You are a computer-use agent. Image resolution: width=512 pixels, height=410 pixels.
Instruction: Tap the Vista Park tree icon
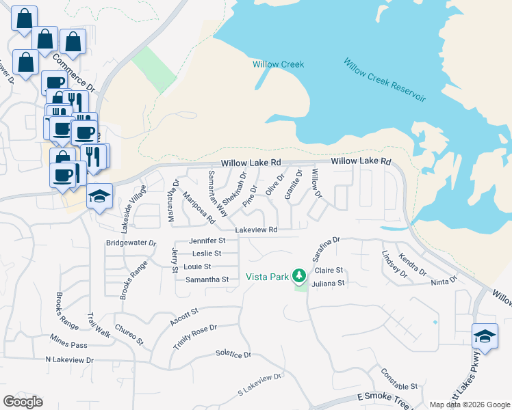(298, 275)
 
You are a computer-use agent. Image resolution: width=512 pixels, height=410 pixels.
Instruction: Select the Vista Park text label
(268, 277)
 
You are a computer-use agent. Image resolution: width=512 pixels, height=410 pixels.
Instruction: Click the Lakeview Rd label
(256, 230)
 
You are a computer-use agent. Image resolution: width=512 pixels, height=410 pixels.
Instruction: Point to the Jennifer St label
(207, 241)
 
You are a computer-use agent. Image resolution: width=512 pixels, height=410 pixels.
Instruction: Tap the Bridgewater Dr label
(131, 243)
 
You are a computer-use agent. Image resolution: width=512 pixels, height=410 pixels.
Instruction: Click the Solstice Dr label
(233, 355)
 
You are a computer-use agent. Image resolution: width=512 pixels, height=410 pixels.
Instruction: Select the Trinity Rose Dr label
(194, 337)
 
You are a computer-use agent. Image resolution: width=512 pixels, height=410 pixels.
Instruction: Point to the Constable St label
(399, 379)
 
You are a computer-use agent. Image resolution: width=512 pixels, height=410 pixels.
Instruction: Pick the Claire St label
(329, 271)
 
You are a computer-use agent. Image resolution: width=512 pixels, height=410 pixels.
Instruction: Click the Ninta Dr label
(444, 282)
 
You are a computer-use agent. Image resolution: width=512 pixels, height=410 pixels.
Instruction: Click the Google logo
(23, 402)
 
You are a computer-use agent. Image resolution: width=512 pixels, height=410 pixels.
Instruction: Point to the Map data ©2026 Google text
(469, 405)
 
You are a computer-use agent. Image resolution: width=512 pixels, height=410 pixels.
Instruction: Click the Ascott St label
(183, 316)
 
